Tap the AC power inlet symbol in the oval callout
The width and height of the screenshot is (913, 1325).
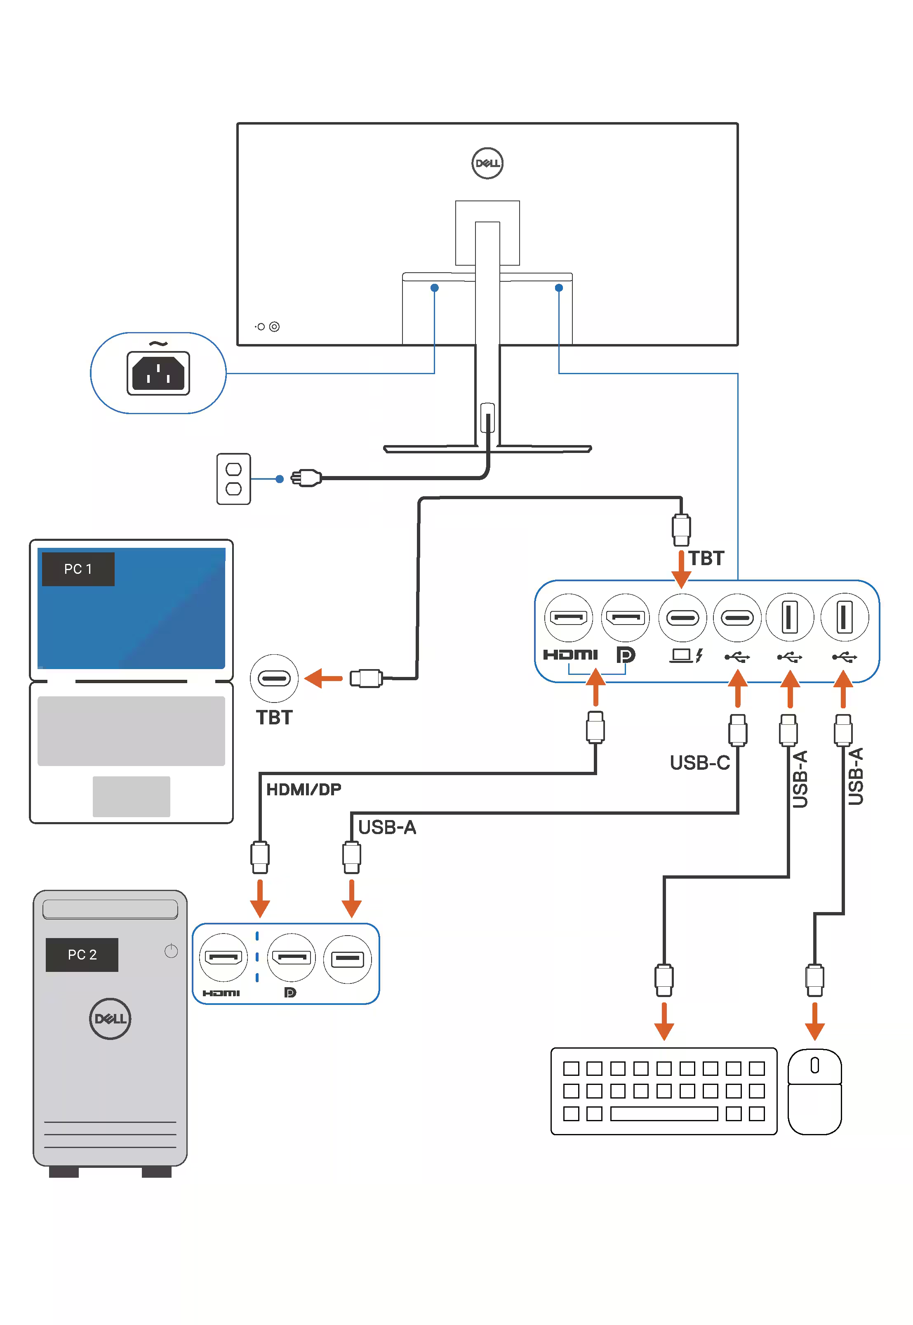[x=158, y=373]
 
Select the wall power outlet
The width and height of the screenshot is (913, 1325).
[x=233, y=479]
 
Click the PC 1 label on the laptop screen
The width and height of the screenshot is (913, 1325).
[x=78, y=569]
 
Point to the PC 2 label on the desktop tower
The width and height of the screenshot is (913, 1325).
[x=82, y=954]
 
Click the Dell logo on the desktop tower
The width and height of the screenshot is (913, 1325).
[x=110, y=1019]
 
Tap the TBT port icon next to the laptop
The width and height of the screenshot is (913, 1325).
[x=274, y=679]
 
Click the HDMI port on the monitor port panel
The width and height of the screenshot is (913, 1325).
[x=568, y=617]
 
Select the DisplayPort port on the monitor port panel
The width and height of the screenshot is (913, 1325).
[x=625, y=617]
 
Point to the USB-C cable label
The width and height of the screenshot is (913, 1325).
[x=700, y=763]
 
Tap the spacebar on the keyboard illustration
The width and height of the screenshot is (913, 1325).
[x=664, y=1113]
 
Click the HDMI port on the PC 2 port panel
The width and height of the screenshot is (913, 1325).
[x=223, y=957]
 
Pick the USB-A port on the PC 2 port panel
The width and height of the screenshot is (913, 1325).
[x=347, y=959]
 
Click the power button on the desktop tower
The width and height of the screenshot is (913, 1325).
[x=171, y=951]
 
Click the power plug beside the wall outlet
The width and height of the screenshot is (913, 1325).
[x=306, y=478]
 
